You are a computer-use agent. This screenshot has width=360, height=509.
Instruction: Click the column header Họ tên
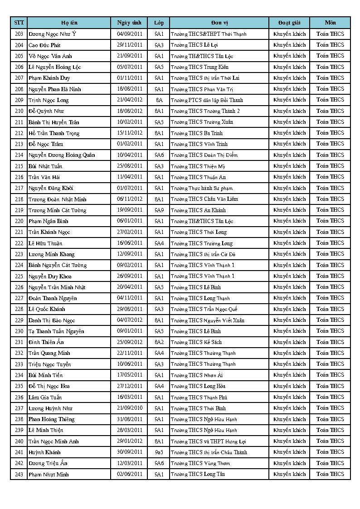69,23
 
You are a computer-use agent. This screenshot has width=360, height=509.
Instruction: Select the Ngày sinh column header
129,23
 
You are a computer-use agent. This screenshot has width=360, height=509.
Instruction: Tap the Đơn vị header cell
219,23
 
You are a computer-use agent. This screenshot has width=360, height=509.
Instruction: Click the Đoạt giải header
289,23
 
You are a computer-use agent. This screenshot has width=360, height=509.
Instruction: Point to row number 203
19,34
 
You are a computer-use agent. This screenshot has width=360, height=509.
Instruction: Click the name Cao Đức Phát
44,45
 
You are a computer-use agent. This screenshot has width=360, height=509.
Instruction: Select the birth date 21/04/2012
129,100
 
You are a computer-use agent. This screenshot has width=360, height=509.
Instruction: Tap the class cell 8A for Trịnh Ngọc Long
159,100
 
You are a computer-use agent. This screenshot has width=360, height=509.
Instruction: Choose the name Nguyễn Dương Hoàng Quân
62,155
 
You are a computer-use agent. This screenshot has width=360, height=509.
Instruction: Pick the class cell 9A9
159,210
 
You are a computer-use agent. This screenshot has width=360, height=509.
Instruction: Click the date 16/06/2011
129,243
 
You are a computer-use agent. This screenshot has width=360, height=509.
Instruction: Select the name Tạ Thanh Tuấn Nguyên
56,331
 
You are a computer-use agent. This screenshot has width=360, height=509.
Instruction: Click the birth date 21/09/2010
129,408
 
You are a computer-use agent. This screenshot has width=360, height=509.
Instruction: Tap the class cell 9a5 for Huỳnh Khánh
159,452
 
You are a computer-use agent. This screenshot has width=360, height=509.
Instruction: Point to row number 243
19,474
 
